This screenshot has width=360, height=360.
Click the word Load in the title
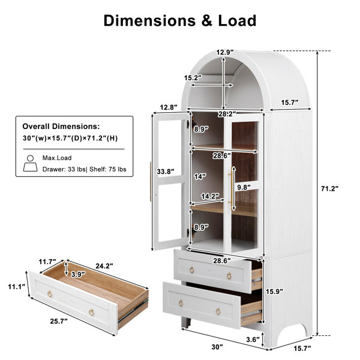tap(237, 20)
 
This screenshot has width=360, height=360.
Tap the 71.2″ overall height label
tap(329, 189)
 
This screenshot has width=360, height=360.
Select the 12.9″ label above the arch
tap(225, 52)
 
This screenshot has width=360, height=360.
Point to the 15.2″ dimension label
tap(193, 78)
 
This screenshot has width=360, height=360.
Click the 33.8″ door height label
tap(166, 172)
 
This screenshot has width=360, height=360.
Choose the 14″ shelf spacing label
tap(200, 176)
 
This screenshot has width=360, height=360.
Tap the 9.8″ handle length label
tap(244, 187)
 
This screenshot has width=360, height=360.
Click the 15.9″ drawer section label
tap(274, 292)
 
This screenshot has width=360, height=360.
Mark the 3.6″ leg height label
tap(253, 340)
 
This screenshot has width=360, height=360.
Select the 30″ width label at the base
tap(217, 347)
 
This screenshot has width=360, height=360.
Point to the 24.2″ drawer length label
tap(104, 266)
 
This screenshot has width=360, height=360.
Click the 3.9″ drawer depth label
tap(78, 274)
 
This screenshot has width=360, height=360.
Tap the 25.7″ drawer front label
tap(59, 321)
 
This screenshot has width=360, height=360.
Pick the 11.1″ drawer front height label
tap(17, 287)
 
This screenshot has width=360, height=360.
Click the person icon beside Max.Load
tap(31, 163)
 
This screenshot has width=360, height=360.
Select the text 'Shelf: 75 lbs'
tap(108, 169)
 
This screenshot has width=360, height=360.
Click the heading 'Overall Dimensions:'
tap(61, 126)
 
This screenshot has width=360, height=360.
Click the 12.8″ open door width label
tap(169, 107)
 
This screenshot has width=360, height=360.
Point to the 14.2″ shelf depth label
tap(211, 196)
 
